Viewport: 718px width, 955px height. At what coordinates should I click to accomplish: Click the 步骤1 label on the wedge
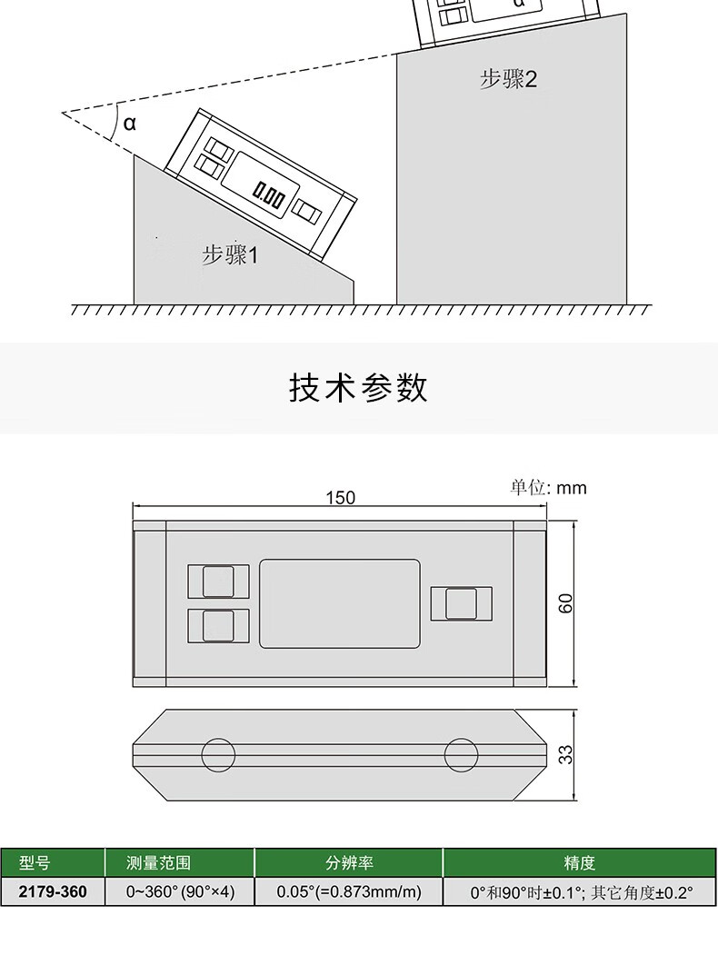[x=230, y=254]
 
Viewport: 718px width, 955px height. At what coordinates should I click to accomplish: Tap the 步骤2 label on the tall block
[x=508, y=79]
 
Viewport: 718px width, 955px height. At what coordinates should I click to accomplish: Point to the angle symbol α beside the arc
[x=129, y=123]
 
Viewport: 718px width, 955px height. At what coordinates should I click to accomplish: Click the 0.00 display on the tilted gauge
[x=269, y=194]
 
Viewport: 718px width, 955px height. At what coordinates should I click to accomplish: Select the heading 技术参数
[x=358, y=388]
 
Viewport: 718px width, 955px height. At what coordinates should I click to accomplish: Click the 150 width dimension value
[x=340, y=497]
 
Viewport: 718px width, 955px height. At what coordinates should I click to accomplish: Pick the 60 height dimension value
[x=566, y=604]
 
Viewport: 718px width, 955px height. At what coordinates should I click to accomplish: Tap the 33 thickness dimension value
[x=566, y=754]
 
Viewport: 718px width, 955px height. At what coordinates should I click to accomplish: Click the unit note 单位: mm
[x=548, y=488]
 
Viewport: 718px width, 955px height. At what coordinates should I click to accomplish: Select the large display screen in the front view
[x=340, y=603]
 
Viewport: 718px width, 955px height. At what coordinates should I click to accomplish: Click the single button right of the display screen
[x=462, y=603]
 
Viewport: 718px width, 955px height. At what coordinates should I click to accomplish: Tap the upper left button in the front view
[x=218, y=582]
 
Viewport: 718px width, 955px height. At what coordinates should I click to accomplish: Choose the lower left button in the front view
[x=218, y=625]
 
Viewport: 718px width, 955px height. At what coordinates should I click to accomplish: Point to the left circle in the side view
[x=218, y=754]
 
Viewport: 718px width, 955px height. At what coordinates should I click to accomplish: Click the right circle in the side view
[x=462, y=754]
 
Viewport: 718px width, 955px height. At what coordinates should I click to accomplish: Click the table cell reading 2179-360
[x=54, y=891]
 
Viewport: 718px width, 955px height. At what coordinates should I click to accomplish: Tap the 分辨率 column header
[x=349, y=862]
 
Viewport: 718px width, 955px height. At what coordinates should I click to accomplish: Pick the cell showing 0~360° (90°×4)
[x=181, y=891]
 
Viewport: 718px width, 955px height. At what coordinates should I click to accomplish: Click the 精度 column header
[x=580, y=862]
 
